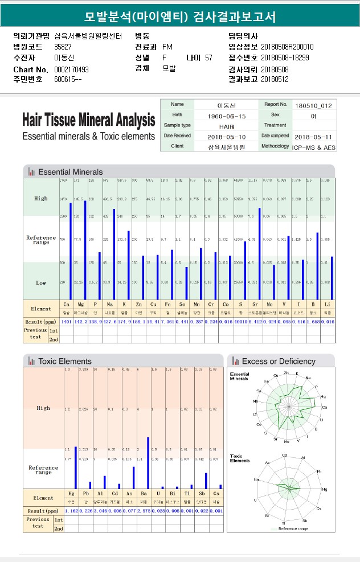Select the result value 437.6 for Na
[109, 322]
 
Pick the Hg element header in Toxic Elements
[71, 493]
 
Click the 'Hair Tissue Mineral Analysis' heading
[88, 120]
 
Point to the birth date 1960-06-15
[227, 115]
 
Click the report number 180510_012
[313, 105]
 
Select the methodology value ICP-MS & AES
[313, 146]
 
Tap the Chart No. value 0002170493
[71, 69]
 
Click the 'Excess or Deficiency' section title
[278, 361]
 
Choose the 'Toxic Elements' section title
[64, 361]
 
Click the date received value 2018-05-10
[227, 136]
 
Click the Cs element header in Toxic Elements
[216, 493]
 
